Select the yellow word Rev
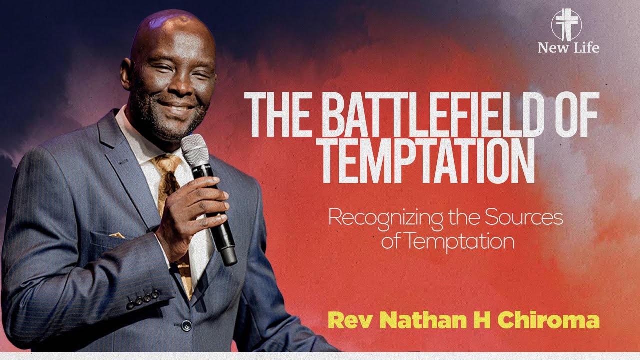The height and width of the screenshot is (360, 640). pyautogui.click(x=346, y=320)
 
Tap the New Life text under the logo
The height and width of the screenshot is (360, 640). pyautogui.click(x=568, y=48)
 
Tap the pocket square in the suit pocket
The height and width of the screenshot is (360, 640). pyautogui.click(x=117, y=235)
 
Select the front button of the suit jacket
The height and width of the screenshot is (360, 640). pyautogui.click(x=186, y=325)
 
